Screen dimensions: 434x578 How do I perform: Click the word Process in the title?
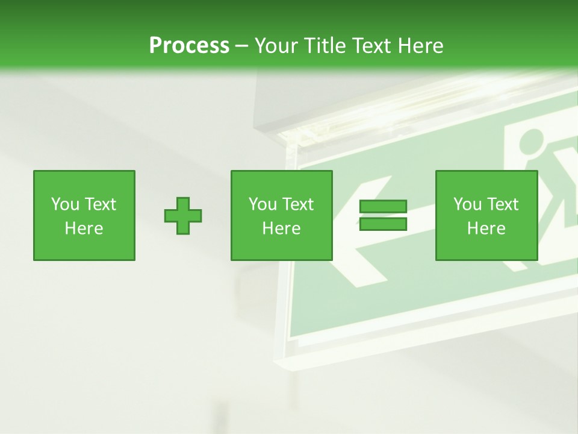(x=189, y=46)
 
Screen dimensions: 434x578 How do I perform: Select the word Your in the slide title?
(x=276, y=46)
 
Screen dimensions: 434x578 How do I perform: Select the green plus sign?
(x=183, y=216)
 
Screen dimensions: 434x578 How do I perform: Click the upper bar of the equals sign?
(x=383, y=207)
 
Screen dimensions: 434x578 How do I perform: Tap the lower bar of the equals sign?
(x=383, y=224)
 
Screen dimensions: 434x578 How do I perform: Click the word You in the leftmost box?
(x=64, y=204)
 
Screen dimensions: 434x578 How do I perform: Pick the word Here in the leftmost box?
(x=84, y=228)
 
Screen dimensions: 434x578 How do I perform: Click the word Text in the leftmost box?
(x=99, y=204)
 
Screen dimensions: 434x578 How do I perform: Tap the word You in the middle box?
(x=262, y=204)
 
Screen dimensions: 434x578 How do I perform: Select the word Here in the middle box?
(x=281, y=228)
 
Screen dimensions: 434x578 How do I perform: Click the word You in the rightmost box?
(x=467, y=204)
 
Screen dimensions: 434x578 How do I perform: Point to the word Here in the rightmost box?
(x=486, y=228)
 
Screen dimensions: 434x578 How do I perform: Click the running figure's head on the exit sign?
(x=529, y=141)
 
